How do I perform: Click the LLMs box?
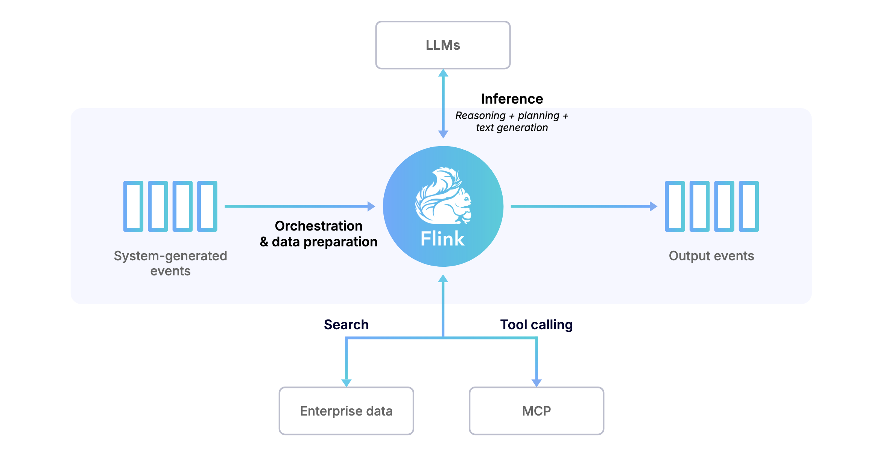click(x=443, y=45)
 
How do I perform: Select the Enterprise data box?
click(x=346, y=411)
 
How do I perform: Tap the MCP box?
click(x=536, y=411)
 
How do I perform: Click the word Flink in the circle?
click(x=442, y=239)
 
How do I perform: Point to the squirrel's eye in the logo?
click(x=466, y=199)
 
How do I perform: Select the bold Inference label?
click(x=512, y=99)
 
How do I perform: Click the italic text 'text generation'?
click(x=512, y=128)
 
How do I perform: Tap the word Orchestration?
click(x=319, y=226)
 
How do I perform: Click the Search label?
click(x=346, y=325)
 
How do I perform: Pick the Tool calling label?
click(x=536, y=325)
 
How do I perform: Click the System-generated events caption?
click(x=170, y=263)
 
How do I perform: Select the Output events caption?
click(x=711, y=256)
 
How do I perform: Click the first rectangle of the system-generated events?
click(x=133, y=206)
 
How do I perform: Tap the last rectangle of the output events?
click(x=749, y=206)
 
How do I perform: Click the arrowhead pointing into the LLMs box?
click(x=443, y=73)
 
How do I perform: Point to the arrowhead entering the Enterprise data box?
click(x=346, y=383)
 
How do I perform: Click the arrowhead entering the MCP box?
click(x=536, y=383)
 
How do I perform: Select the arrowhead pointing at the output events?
click(x=654, y=206)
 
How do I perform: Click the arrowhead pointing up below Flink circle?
click(x=443, y=278)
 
